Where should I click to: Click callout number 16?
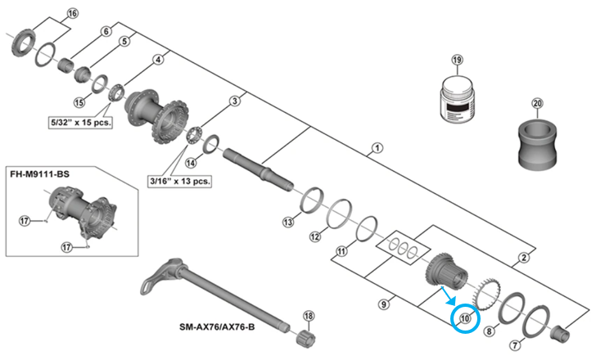coord(71,14)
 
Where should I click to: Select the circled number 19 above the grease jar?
coord(457,61)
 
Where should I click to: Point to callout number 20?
coord(537,103)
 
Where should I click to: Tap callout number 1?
coord(377,148)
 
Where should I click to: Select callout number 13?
coord(287,222)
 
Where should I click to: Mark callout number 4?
coord(158,60)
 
